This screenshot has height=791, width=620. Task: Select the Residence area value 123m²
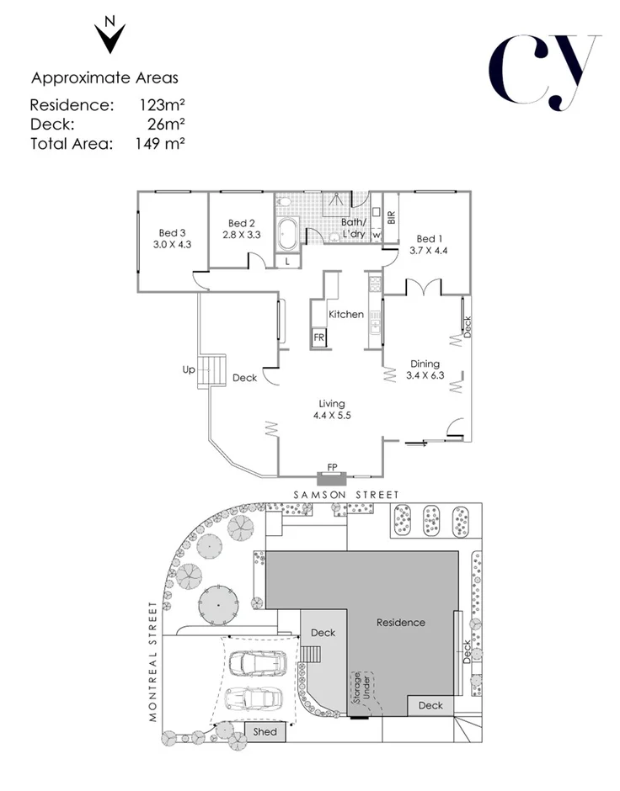pyautogui.click(x=162, y=106)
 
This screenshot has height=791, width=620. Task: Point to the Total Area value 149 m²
pyautogui.click(x=160, y=143)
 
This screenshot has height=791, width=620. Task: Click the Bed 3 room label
pyautogui.click(x=173, y=233)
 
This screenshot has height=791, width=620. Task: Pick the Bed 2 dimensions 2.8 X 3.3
pyautogui.click(x=240, y=235)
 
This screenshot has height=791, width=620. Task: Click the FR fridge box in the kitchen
pyautogui.click(x=319, y=337)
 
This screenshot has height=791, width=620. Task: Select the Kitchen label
pyautogui.click(x=345, y=314)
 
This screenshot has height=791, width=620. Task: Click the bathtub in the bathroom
pyautogui.click(x=286, y=233)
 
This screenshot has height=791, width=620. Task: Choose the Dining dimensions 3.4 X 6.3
pyautogui.click(x=425, y=374)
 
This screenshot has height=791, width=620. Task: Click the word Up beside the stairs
pyautogui.click(x=189, y=369)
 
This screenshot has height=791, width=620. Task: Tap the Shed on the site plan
pyautogui.click(x=265, y=732)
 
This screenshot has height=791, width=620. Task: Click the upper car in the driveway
pyautogui.click(x=255, y=663)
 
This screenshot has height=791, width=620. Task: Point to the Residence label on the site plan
pyautogui.click(x=401, y=623)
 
